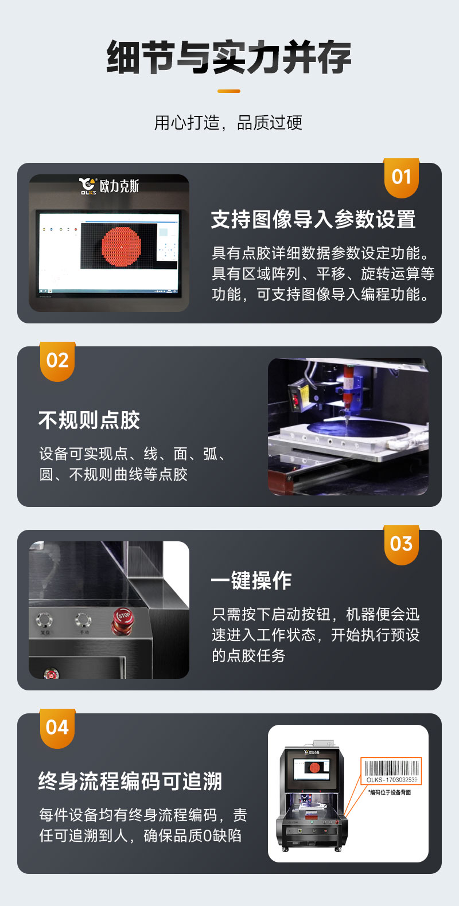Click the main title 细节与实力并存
tap(229, 57)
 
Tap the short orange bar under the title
tap(229, 91)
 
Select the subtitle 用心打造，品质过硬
tap(228, 123)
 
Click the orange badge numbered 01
tap(401, 177)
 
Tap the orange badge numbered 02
tap(57, 361)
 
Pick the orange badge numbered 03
tap(401, 544)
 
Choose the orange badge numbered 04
tap(57, 728)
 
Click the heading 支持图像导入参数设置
tap(313, 220)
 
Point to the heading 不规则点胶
tap(90, 420)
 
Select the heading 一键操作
tap(251, 581)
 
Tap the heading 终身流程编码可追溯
tap(130, 782)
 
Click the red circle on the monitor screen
tap(121, 246)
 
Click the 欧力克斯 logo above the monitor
tap(109, 186)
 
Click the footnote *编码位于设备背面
tap(390, 792)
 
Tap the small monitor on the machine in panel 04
tap(313, 768)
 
